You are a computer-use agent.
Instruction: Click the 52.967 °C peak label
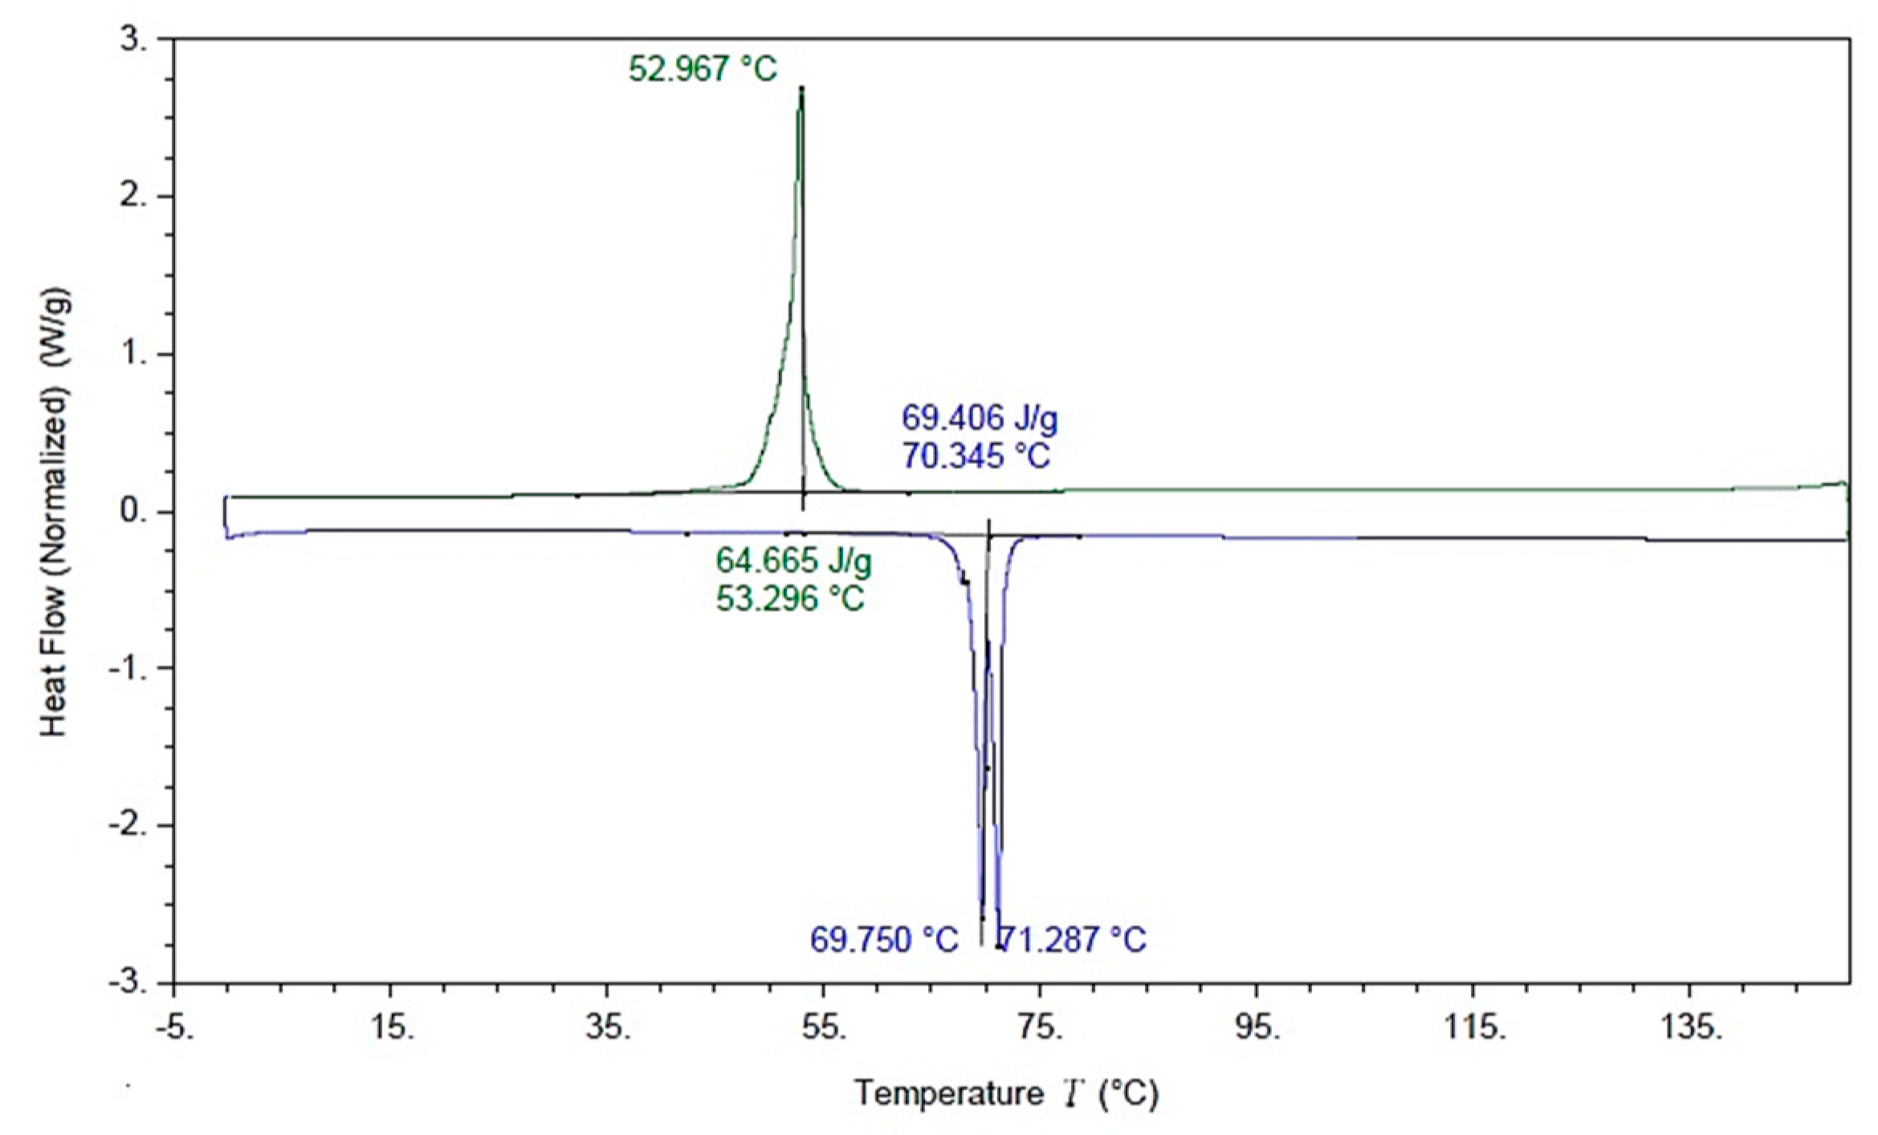(x=703, y=69)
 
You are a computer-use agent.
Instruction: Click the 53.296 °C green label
(x=790, y=598)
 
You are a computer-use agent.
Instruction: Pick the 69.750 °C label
(x=884, y=940)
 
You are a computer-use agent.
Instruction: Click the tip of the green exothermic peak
(x=800, y=88)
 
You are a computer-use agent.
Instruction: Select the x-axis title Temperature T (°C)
(x=1006, y=1093)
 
